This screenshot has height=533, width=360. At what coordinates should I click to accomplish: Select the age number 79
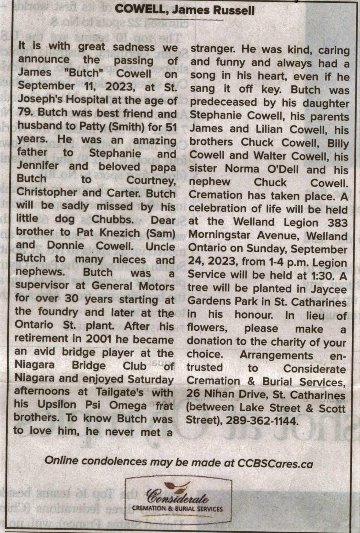24,112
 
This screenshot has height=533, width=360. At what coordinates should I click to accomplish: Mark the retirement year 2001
99,339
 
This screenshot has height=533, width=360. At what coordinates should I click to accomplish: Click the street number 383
337,223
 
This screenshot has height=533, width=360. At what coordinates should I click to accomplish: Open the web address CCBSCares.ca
275,464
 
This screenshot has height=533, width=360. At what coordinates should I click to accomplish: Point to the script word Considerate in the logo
177,497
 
